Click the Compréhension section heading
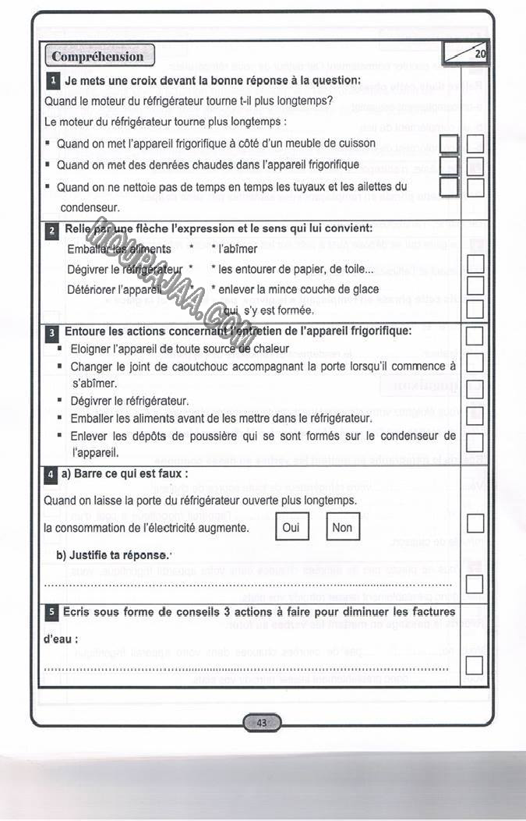tap(97, 56)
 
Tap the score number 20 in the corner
tap(479, 54)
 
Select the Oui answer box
tap(291, 527)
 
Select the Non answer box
tap(341, 527)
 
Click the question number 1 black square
tap(53, 80)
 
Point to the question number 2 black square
tap(52, 230)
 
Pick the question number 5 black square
tap(51, 613)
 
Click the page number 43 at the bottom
tap(262, 723)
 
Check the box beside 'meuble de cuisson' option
tap(448, 144)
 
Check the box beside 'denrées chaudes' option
tap(448, 165)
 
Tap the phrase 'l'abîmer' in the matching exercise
tap(238, 249)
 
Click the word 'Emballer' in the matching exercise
tap(88, 249)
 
